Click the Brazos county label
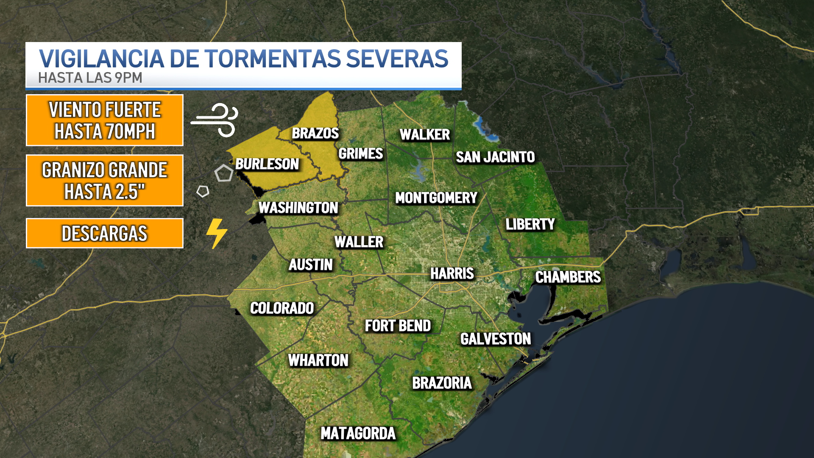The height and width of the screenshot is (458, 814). click(x=315, y=133)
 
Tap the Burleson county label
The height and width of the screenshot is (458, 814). click(x=267, y=164)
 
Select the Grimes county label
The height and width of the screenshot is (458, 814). click(x=360, y=154)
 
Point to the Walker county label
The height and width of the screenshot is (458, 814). click(x=424, y=135)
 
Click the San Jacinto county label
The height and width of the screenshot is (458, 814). click(x=495, y=157)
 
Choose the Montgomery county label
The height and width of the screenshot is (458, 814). click(x=436, y=198)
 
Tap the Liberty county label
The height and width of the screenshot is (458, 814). click(x=530, y=224)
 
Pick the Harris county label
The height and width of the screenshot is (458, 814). click(x=452, y=274)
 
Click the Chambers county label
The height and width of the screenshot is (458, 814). click(x=568, y=277)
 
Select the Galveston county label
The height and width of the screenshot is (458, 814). click(x=496, y=339)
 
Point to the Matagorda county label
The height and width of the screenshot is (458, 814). click(x=358, y=433)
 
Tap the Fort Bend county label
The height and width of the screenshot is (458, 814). click(x=398, y=326)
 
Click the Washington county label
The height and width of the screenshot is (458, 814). click(x=298, y=208)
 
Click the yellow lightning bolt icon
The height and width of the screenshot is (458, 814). click(x=217, y=233)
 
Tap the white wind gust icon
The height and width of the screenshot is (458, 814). click(x=215, y=120)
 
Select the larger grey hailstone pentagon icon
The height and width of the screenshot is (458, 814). click(x=224, y=173)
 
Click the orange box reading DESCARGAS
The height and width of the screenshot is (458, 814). click(x=105, y=233)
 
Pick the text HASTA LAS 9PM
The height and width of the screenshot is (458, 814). click(x=90, y=78)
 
